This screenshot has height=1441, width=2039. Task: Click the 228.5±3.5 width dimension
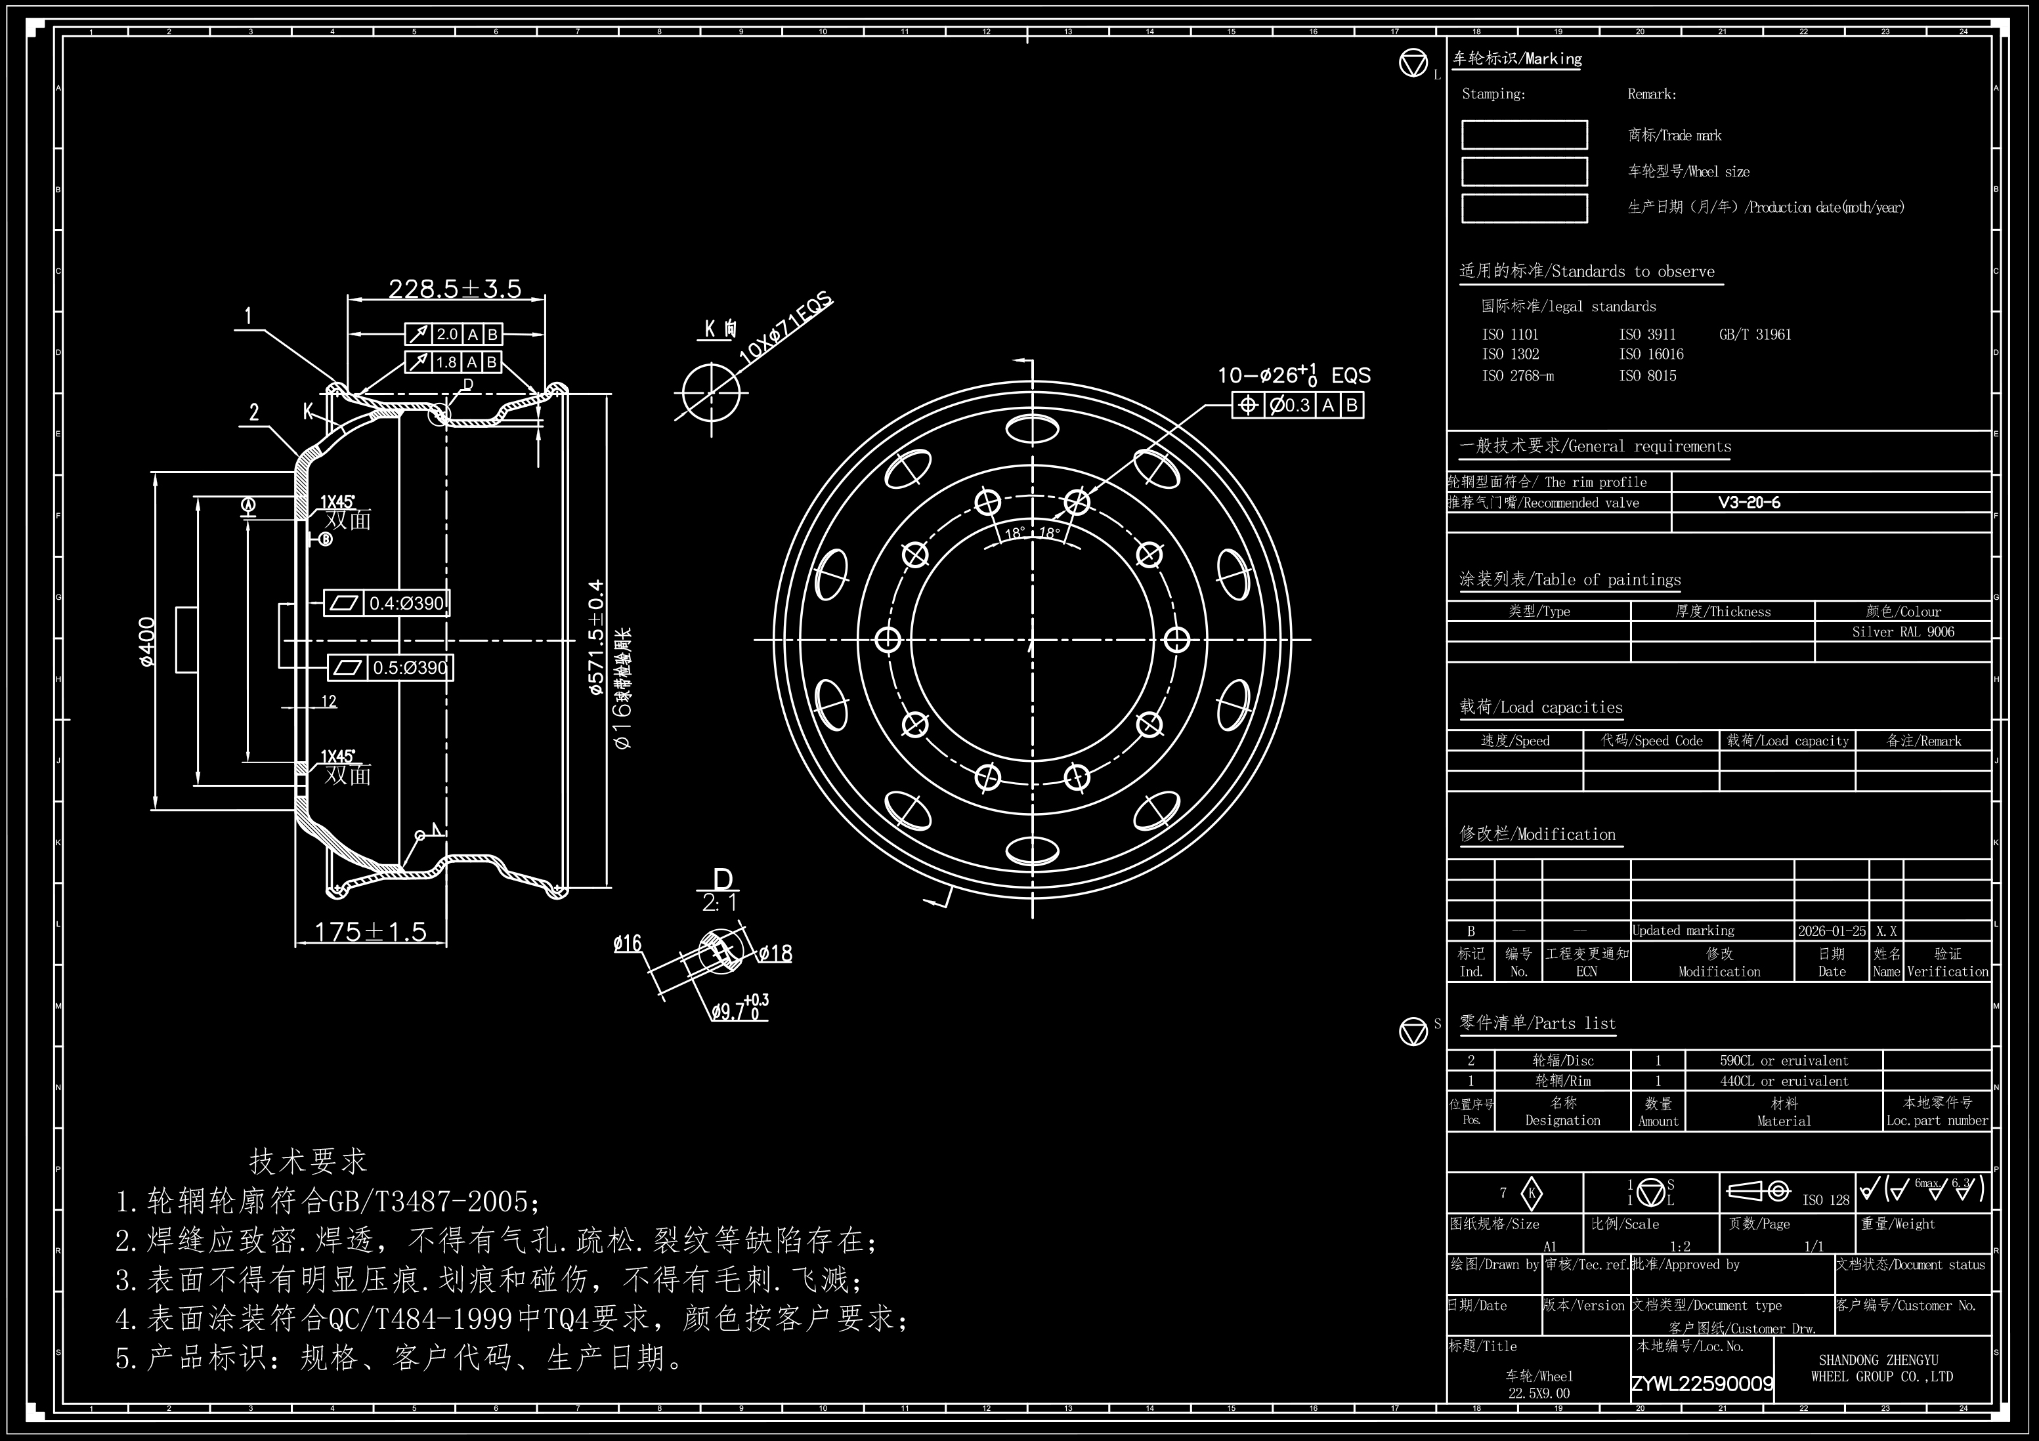click(x=455, y=289)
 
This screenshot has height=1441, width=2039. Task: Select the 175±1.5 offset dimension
click(x=370, y=931)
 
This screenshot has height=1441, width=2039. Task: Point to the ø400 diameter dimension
click(x=148, y=641)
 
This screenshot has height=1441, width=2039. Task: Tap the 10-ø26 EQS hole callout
click(x=1294, y=375)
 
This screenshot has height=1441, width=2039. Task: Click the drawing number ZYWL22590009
click(x=1702, y=1384)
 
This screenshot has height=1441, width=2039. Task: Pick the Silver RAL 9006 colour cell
click(x=1902, y=632)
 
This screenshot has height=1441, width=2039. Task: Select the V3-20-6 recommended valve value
click(x=1749, y=503)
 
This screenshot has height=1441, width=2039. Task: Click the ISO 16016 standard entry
click(x=1651, y=354)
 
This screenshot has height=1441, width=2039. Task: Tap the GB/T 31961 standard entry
click(x=1755, y=335)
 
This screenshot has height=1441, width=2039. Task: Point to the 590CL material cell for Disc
click(x=1783, y=1061)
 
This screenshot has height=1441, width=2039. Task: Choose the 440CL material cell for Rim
click(x=1783, y=1081)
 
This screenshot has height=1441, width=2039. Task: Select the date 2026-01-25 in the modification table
click(x=1831, y=931)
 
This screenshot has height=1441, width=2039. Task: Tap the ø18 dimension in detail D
click(x=775, y=953)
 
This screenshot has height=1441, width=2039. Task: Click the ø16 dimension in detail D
click(x=627, y=944)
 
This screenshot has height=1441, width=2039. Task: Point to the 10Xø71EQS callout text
click(x=786, y=327)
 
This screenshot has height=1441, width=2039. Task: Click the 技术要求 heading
click(x=308, y=1160)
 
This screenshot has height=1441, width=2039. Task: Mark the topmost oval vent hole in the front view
click(x=1032, y=429)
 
